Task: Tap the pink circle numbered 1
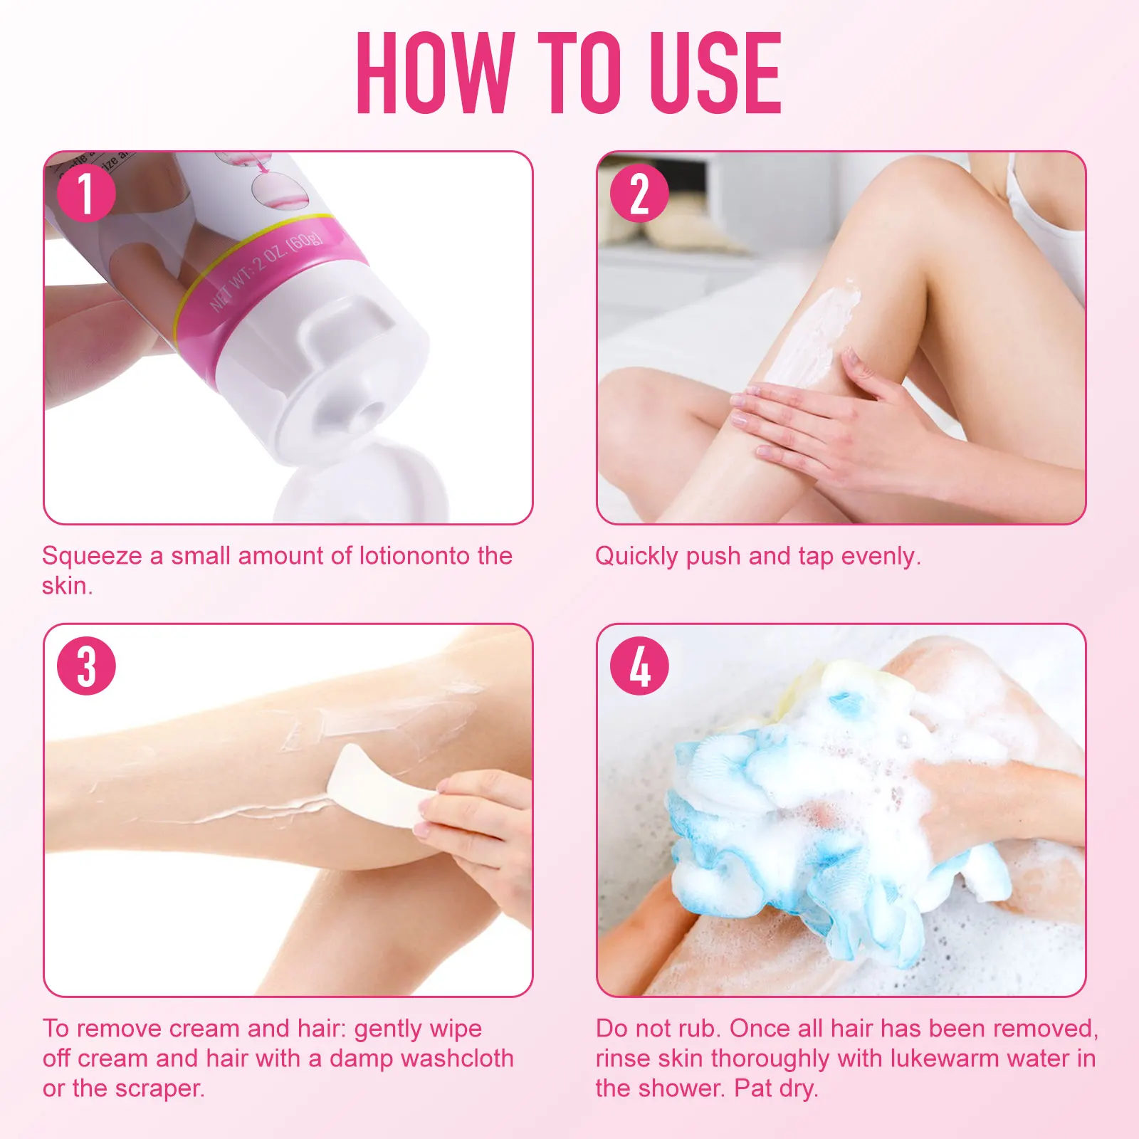[x=86, y=193]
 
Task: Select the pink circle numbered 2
[x=639, y=193]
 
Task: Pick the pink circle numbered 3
[x=86, y=666]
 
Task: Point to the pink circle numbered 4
[x=639, y=666]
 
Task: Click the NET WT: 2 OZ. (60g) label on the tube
[x=267, y=271]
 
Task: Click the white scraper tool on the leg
[x=377, y=787]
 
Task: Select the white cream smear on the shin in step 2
[x=819, y=327]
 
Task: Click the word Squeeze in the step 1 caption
[x=92, y=556]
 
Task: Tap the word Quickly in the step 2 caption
[x=636, y=556]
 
